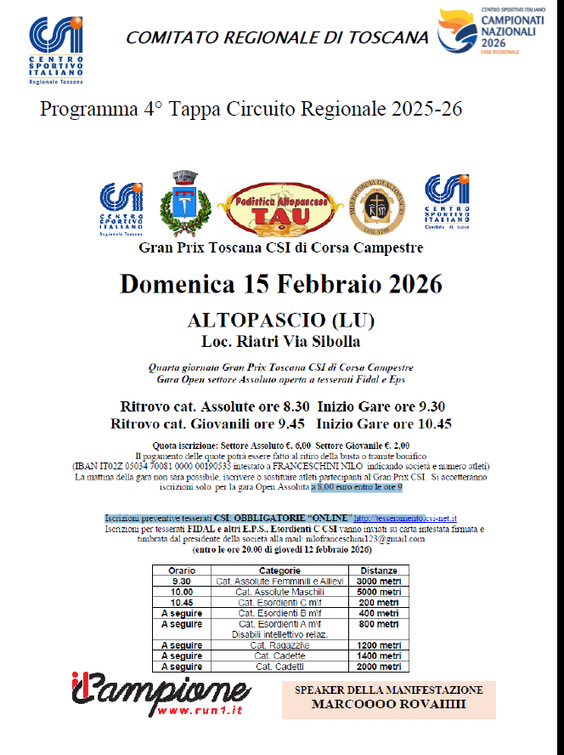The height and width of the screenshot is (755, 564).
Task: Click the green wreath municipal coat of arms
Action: (x=179, y=202)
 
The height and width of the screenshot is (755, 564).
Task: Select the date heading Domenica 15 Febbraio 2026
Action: (x=281, y=282)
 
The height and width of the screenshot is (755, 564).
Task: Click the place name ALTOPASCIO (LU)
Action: (x=281, y=322)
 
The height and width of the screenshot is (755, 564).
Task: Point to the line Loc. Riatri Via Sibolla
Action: (x=281, y=342)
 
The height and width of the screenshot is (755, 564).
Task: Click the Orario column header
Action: (x=182, y=571)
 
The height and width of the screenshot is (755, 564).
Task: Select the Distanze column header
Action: (x=378, y=571)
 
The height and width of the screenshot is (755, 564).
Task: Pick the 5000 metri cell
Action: (x=378, y=591)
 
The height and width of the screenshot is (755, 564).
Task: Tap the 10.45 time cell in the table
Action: (x=182, y=602)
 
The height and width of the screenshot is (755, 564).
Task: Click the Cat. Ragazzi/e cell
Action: (x=279, y=645)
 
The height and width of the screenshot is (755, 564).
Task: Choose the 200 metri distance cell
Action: (x=378, y=602)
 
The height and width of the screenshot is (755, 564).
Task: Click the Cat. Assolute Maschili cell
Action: (x=279, y=591)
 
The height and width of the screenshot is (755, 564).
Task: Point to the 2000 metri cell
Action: (x=378, y=667)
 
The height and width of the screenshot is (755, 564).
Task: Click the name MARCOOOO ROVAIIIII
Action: (x=388, y=705)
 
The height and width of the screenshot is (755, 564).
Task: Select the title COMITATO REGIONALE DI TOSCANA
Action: (x=277, y=37)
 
